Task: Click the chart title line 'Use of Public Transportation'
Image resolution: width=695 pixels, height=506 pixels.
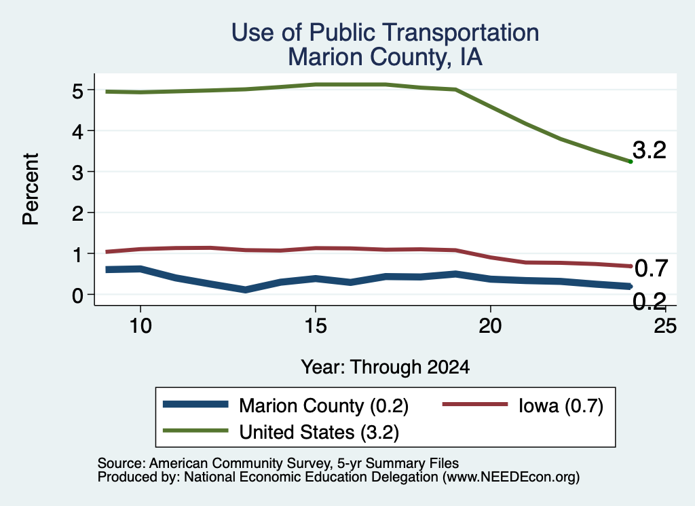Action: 386,33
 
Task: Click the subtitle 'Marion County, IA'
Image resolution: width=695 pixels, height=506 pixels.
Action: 386,57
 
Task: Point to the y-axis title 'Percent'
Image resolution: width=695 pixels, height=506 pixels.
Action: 31,189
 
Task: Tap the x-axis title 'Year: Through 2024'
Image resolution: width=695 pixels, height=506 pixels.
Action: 386,367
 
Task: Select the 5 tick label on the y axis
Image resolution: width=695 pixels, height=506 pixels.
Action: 77,92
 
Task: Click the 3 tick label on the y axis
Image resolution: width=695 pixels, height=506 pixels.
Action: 77,173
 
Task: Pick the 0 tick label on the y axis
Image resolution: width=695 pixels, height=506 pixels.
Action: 77,295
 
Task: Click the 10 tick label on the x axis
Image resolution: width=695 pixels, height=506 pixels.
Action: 140,326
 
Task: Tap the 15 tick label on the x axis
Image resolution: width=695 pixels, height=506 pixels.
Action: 316,326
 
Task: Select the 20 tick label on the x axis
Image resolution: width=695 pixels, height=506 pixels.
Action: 490,326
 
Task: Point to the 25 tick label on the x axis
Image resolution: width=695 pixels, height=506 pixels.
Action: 665,326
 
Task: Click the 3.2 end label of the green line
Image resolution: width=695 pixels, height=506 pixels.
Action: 650,150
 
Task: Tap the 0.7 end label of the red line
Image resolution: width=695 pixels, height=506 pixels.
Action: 651,268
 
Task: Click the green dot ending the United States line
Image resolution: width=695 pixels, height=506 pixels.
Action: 631,162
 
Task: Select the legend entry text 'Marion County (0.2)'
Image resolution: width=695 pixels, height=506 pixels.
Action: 324,405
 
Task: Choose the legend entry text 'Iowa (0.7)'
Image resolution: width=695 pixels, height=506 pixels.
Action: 561,405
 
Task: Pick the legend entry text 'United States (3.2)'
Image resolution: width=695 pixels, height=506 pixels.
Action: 319,432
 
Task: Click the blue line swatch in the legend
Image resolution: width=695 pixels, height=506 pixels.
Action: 195,404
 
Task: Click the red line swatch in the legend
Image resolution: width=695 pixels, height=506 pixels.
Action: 475,404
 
